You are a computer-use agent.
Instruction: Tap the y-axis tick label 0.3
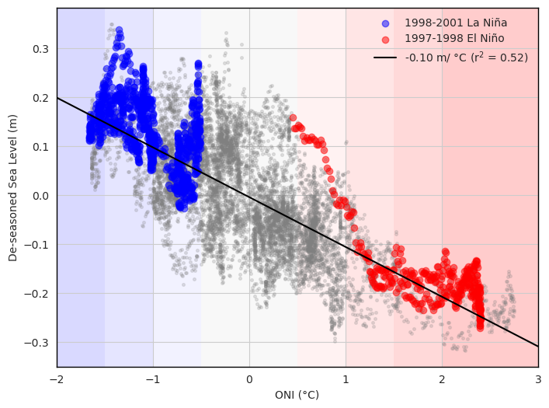[40, 49]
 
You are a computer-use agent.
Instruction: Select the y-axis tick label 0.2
[40, 98]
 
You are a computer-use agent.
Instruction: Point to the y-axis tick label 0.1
[40, 147]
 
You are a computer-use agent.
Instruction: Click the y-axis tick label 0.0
[40, 196]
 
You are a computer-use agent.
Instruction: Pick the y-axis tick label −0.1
[37, 245]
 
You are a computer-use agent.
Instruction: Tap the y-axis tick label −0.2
[37, 294]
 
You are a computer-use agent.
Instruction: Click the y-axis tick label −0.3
[37, 343]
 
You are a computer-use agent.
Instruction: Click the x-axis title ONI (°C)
[297, 395]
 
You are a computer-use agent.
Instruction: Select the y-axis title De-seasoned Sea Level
[13, 187]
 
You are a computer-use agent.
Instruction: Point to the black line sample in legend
[386, 58]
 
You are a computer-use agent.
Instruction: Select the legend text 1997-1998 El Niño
[454, 38]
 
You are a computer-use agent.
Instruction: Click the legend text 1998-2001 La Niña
[456, 23]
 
